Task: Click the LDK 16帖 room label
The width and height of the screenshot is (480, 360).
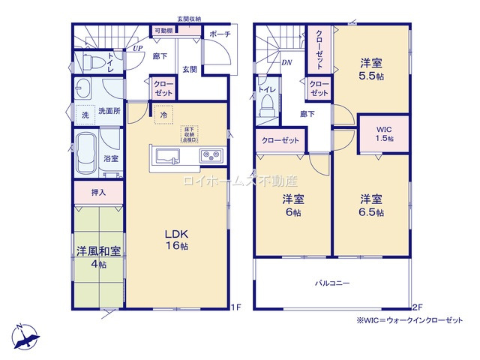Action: [x=177, y=239]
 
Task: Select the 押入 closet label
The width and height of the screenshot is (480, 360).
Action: [x=98, y=193]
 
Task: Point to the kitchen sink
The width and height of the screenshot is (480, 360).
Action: [x=166, y=156]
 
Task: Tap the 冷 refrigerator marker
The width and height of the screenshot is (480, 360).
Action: [x=163, y=116]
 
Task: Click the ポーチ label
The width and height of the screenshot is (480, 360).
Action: [x=220, y=34]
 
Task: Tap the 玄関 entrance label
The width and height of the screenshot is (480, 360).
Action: [x=190, y=69]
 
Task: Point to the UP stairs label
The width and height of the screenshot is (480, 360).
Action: [x=137, y=49]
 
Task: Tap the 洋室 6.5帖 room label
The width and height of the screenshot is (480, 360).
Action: [x=371, y=205]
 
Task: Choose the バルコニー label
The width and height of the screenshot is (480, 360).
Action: [x=331, y=283]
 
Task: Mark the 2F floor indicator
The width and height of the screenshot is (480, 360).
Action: [x=417, y=307]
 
